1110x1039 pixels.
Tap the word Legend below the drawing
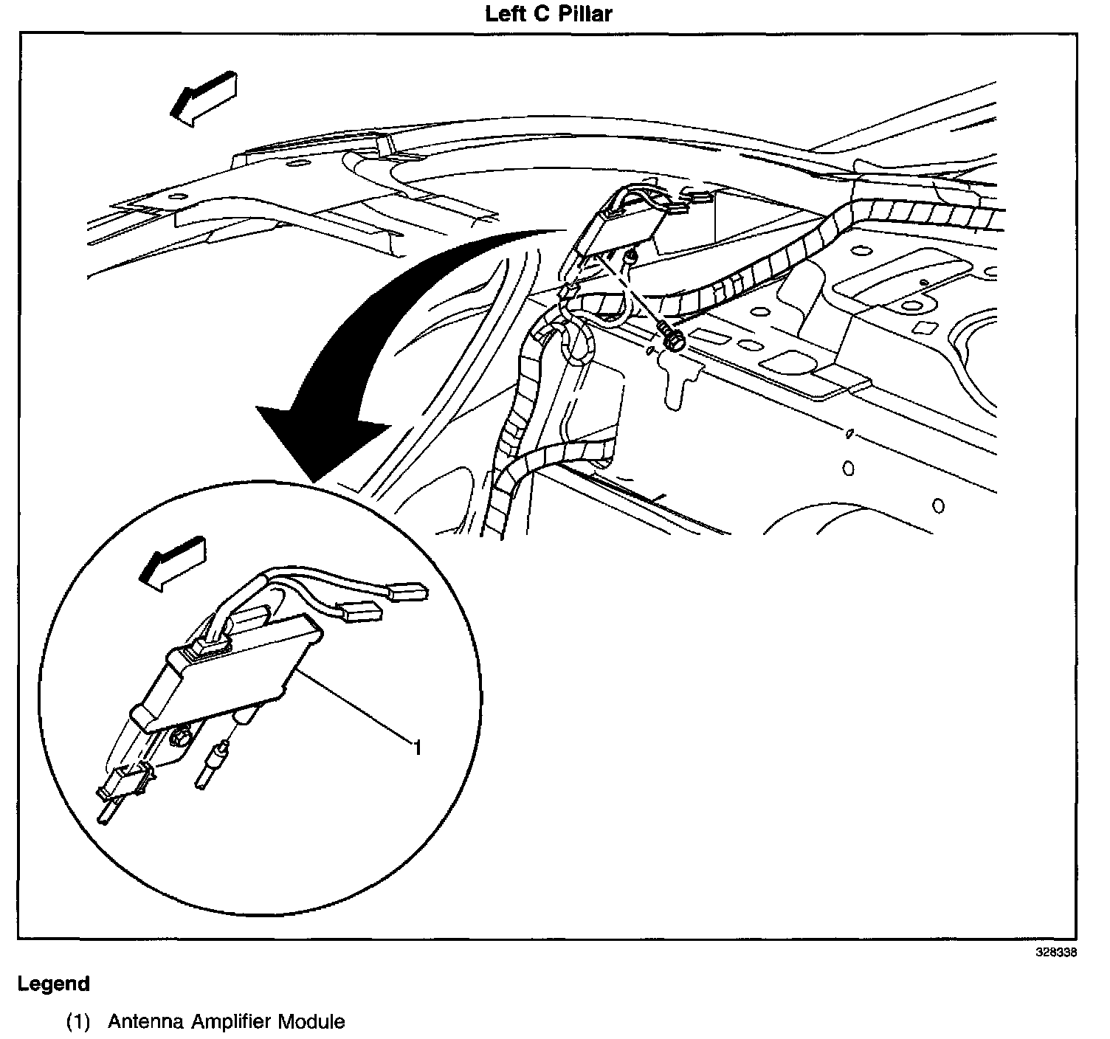tap(54, 984)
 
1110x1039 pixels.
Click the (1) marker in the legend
tap(78, 1022)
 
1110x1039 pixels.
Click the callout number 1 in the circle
tap(417, 748)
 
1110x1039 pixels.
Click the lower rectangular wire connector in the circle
tap(361, 611)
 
